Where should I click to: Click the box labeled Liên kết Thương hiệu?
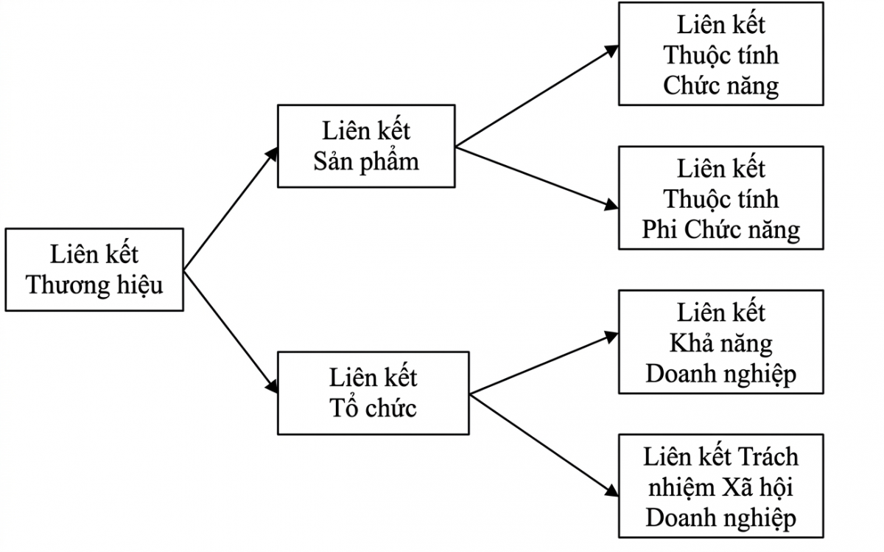pyautogui.click(x=94, y=270)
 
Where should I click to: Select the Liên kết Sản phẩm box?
pyautogui.click(x=366, y=146)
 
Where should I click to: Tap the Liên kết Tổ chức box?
pyautogui.click(x=373, y=393)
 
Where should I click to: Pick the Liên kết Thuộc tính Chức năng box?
pyautogui.click(x=720, y=55)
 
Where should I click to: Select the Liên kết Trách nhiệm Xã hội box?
pyautogui.click(x=720, y=486)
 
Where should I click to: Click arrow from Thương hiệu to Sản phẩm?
pyautogui.click(x=231, y=209)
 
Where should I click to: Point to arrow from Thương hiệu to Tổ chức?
pyautogui.click(x=231, y=331)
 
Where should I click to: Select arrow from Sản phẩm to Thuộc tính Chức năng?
pyautogui.click(x=537, y=96)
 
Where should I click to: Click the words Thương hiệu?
pyautogui.click(x=94, y=285)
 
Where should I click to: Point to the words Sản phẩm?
pyautogui.click(x=366, y=161)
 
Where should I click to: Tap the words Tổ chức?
pyautogui.click(x=373, y=408)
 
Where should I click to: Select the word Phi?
pyautogui.click(x=660, y=230)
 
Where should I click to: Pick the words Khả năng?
pyautogui.click(x=720, y=343)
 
